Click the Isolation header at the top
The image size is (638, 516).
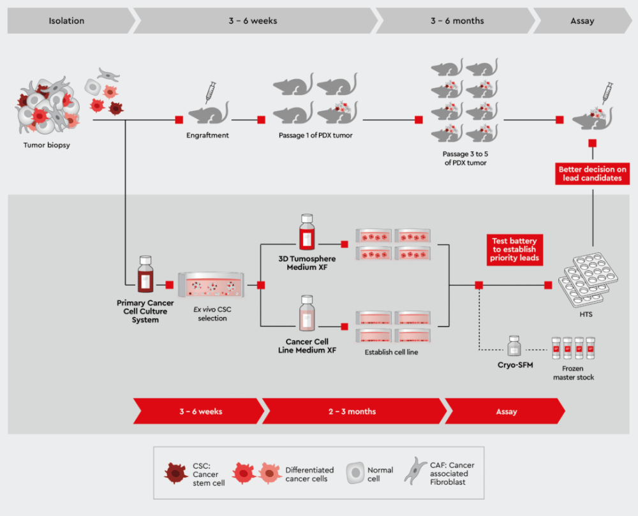(x=66, y=21)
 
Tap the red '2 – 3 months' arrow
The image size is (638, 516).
(x=352, y=411)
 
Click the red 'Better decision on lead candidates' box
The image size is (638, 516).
(x=593, y=173)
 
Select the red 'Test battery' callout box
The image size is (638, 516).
(x=514, y=249)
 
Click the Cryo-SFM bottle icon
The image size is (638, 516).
(x=514, y=346)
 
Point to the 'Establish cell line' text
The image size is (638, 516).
(x=391, y=351)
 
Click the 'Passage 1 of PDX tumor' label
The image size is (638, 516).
(x=315, y=135)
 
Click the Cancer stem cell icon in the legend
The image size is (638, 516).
(x=175, y=473)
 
